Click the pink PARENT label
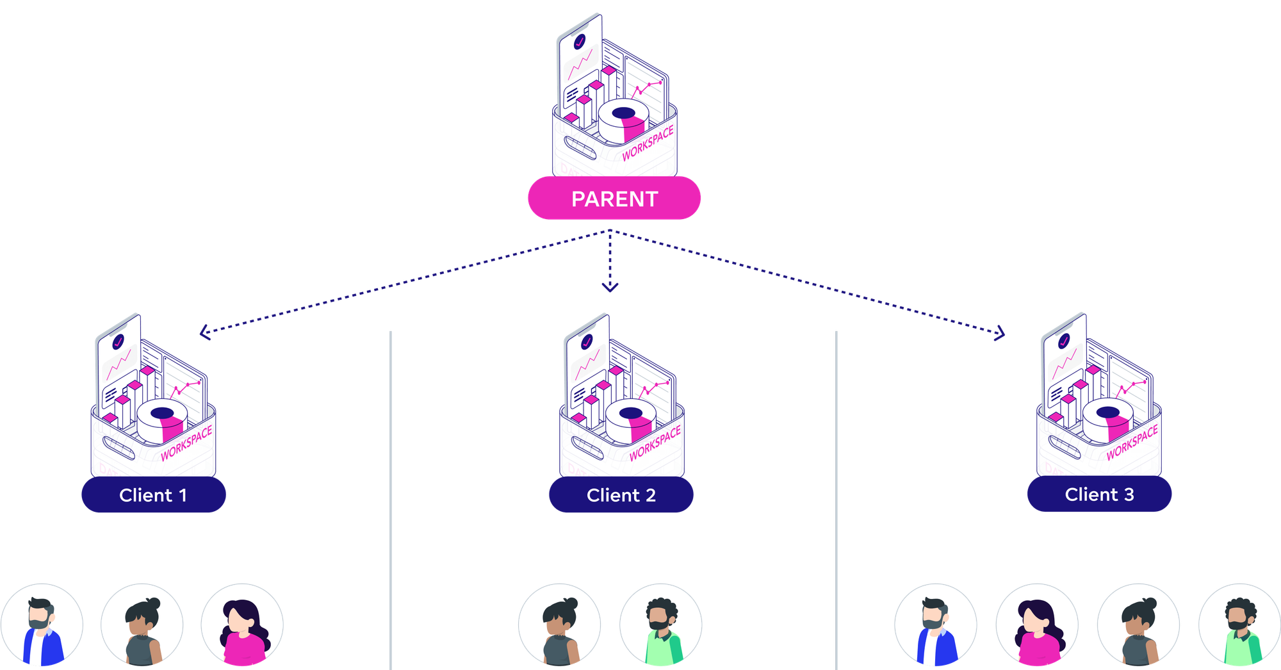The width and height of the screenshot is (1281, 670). click(x=614, y=199)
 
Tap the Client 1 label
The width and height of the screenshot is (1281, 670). click(x=154, y=495)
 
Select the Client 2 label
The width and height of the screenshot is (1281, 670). click(x=621, y=495)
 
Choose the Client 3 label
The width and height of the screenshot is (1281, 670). click(x=1099, y=494)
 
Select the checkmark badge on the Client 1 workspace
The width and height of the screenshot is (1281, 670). click(x=118, y=342)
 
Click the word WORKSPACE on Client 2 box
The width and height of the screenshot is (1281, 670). click(x=655, y=444)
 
